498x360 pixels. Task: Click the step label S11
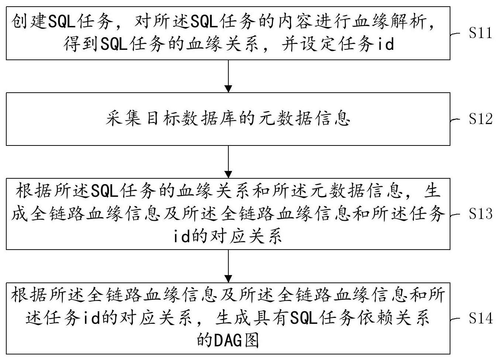coord(480,33)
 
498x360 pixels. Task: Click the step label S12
coord(480,119)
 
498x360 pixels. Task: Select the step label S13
coord(480,214)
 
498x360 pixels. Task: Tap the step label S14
coord(480,318)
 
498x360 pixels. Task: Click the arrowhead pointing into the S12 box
coord(228,89)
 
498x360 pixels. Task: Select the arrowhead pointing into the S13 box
coord(228,174)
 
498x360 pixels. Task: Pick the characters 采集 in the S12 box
coord(123,119)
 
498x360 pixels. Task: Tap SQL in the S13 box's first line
coord(104,192)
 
